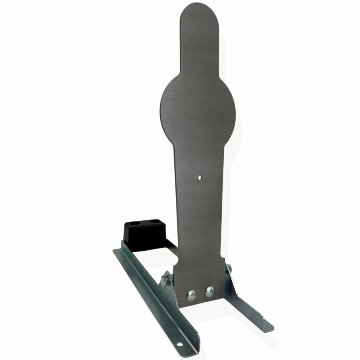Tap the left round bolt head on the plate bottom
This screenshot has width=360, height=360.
click(191, 295)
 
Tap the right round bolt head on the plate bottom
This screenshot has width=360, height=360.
click(210, 291)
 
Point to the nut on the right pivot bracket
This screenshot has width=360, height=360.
click(229, 269)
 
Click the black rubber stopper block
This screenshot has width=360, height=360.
click(141, 234)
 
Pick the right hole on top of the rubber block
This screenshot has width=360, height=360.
click(154, 222)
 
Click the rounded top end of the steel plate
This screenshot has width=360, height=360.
click(199, 14)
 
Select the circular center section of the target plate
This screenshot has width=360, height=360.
click(197, 105)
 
